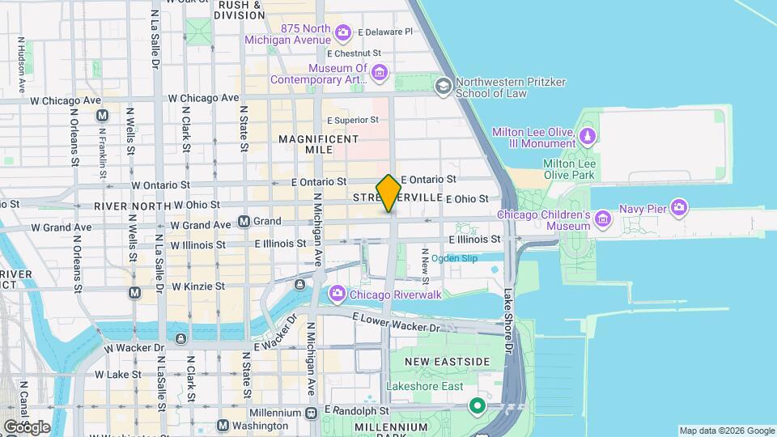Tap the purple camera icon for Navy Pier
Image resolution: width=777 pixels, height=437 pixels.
pyautogui.click(x=678, y=209)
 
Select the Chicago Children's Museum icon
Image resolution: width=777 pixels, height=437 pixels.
pyautogui.click(x=602, y=218)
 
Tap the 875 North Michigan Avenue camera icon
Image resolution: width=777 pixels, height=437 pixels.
pyautogui.click(x=342, y=32)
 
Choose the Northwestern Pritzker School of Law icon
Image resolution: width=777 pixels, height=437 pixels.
pyautogui.click(x=443, y=86)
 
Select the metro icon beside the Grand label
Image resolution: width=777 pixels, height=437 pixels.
pyautogui.click(x=244, y=221)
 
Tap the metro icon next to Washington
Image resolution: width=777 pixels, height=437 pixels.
pyautogui.click(x=223, y=426)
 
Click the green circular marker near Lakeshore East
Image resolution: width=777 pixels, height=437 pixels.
pyautogui.click(x=478, y=405)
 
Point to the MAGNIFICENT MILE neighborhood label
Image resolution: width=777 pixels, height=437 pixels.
pyautogui.click(x=318, y=145)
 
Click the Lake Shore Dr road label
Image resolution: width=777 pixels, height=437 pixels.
pyautogui.click(x=508, y=320)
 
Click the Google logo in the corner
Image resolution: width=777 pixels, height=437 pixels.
pyautogui.click(x=26, y=426)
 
